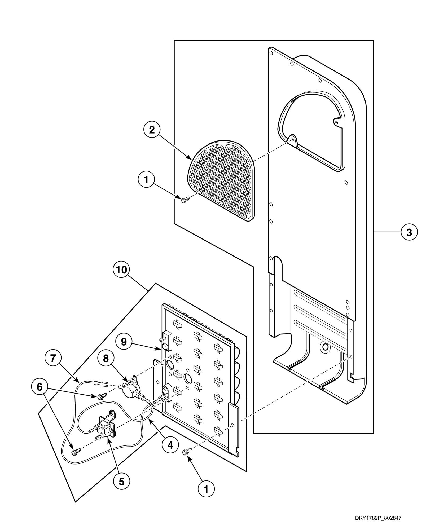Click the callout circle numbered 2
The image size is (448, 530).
coord(152,130)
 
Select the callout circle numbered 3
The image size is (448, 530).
coord(409,232)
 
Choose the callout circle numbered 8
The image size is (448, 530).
coord(106,359)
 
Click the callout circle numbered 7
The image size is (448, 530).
coord(53,358)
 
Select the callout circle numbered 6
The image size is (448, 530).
coord(39,387)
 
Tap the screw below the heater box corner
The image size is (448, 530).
coord(188,452)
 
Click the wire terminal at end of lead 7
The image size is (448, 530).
coord(102,383)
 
